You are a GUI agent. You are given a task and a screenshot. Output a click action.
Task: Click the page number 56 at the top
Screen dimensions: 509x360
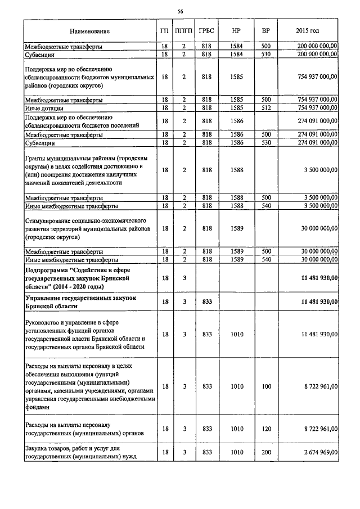[x=181, y=11]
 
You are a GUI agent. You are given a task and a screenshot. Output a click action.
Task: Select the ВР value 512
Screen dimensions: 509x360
[x=266, y=107]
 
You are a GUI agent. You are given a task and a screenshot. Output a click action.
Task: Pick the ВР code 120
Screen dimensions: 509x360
[x=266, y=429]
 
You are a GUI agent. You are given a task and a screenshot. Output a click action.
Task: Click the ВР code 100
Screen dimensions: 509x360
[x=266, y=386]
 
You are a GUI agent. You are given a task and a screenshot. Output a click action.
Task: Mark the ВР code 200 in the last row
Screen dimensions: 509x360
[x=266, y=452]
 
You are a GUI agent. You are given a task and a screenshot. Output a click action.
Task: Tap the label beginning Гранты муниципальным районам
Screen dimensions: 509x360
[x=84, y=169]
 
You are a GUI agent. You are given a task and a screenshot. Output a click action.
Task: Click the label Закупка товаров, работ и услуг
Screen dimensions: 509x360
[x=82, y=452]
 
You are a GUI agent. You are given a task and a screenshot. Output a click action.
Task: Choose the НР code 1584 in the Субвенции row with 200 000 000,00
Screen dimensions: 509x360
[x=237, y=54]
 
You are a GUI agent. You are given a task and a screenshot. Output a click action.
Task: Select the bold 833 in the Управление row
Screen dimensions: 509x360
[x=206, y=302]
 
